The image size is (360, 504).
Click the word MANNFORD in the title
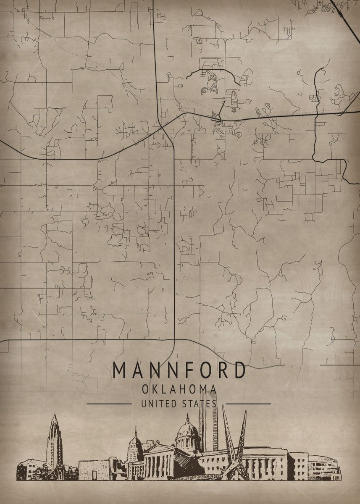tap(179, 370)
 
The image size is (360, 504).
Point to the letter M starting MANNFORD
tap(119, 370)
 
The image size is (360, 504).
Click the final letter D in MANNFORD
tap(240, 370)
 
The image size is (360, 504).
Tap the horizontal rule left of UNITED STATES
tap(109, 404)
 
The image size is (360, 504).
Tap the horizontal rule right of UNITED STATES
tap(251, 404)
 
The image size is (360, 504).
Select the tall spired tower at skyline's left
tap(54, 439)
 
